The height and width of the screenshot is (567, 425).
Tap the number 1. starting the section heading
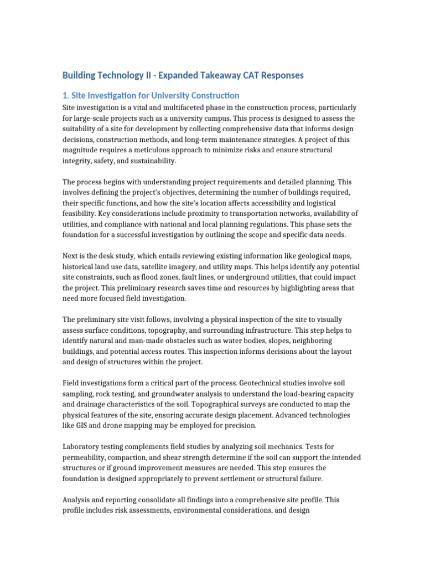coord(66,96)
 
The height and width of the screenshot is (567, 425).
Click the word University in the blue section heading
coord(167,96)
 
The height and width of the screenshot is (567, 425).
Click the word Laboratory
coord(82,447)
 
